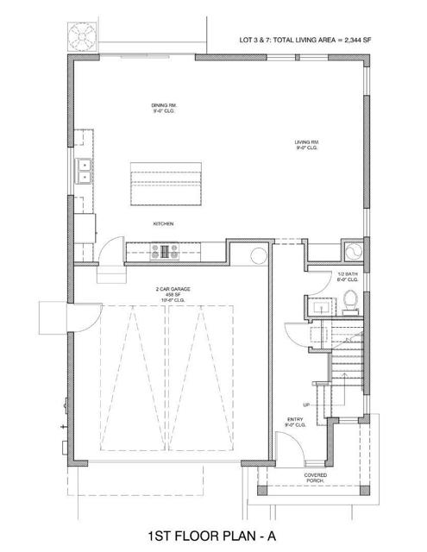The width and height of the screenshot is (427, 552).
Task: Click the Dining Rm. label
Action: coord(163,109)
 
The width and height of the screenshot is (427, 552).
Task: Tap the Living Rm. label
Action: coord(307,142)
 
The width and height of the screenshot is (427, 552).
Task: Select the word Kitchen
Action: coord(164,223)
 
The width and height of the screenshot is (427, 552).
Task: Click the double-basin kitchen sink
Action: coord(85,172)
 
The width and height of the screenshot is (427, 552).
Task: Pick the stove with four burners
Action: coord(165,252)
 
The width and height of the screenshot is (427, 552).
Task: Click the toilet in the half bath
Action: coord(349,301)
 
